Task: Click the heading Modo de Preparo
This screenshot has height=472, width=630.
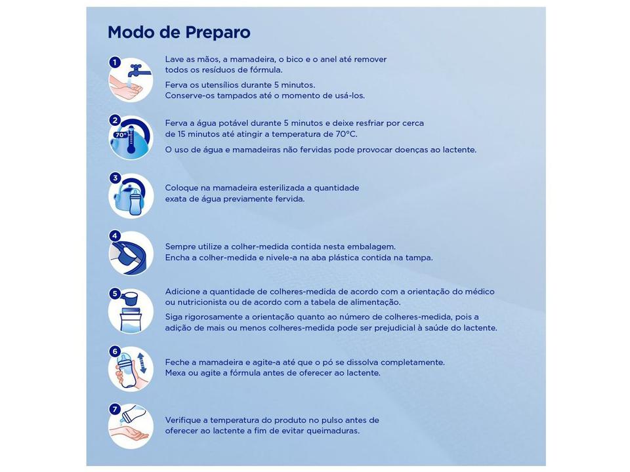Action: click(x=178, y=32)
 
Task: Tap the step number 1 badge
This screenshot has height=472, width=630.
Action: click(x=115, y=62)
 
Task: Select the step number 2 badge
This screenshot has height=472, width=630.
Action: click(x=115, y=120)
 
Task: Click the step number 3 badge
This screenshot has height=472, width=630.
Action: click(x=115, y=178)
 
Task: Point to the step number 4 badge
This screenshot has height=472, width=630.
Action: click(x=115, y=235)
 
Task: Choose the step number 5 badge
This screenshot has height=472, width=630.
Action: click(x=115, y=293)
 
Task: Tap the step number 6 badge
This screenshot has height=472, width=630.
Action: click(x=115, y=351)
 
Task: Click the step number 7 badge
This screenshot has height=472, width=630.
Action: click(x=115, y=408)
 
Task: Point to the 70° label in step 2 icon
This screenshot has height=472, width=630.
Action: click(x=120, y=135)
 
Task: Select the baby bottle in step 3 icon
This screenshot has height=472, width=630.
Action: click(x=136, y=198)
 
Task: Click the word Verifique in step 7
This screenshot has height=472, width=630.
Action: click(x=184, y=420)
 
